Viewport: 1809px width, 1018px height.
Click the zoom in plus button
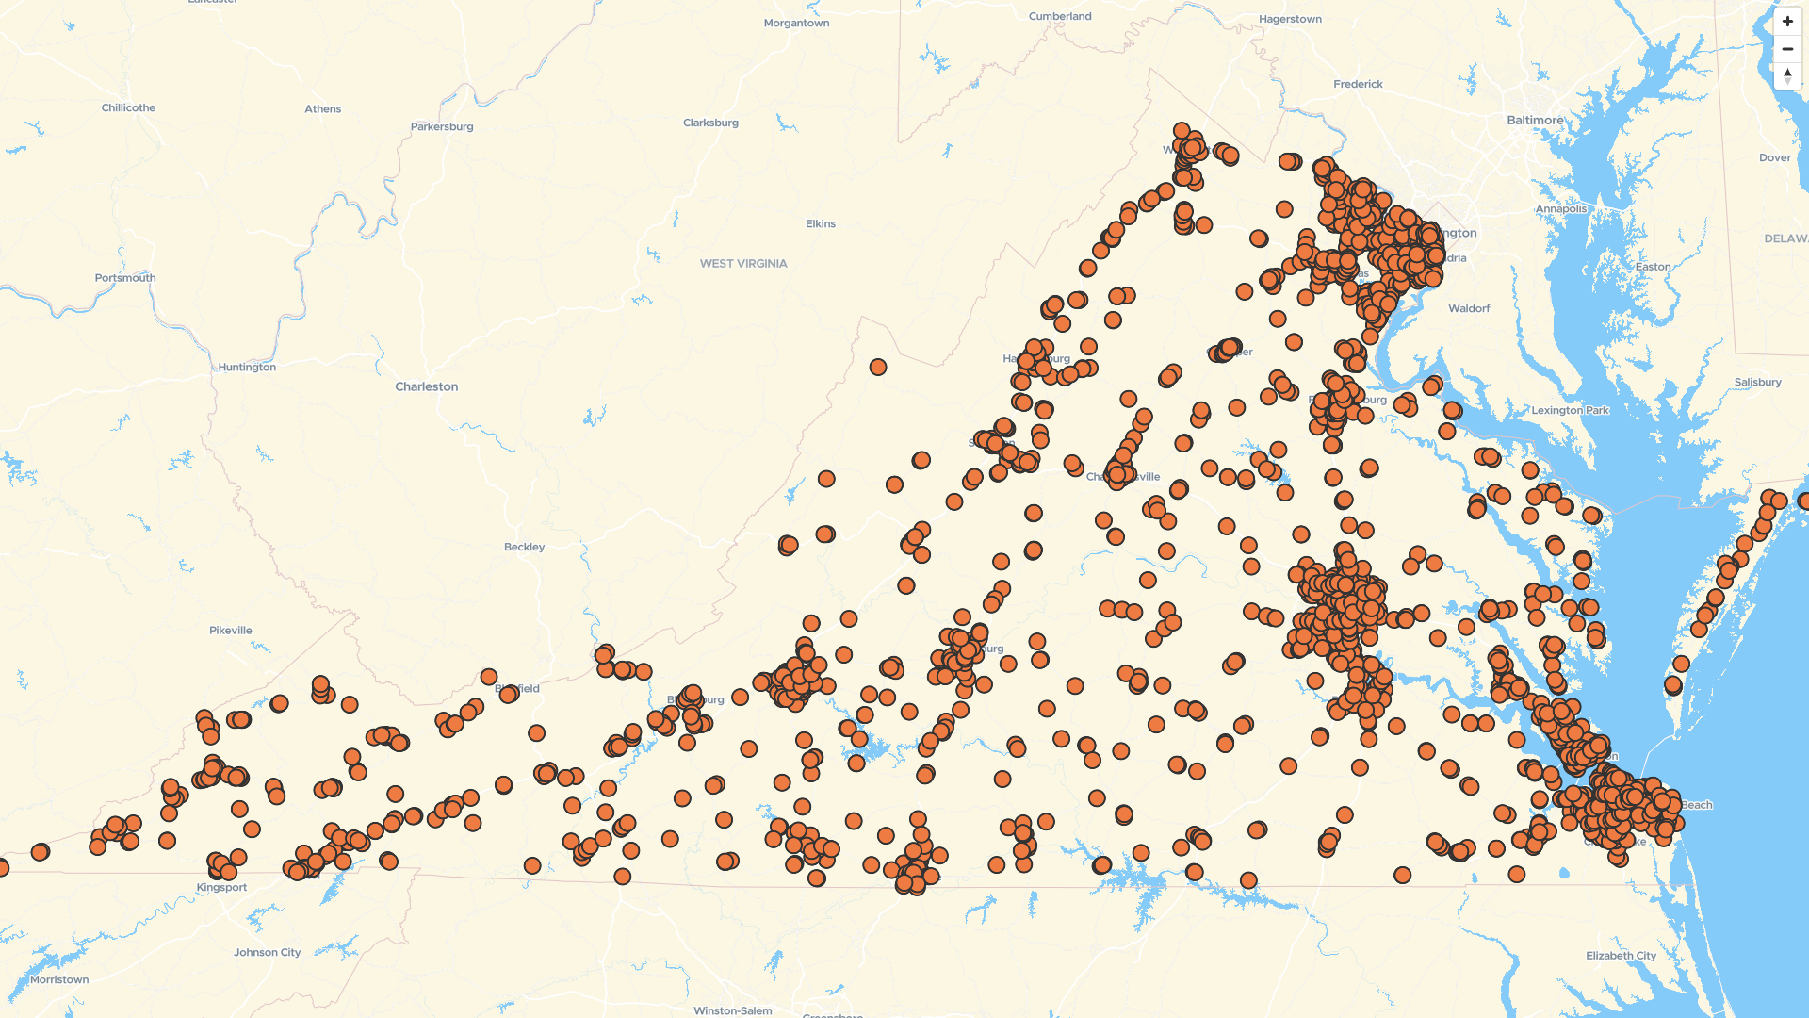pyautogui.click(x=1787, y=22)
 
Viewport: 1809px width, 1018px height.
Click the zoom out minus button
pyautogui.click(x=1787, y=49)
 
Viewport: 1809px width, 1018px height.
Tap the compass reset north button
pyautogui.click(x=1787, y=75)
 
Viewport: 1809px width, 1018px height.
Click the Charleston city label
pyautogui.click(x=427, y=386)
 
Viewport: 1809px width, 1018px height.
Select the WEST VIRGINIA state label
pyautogui.click(x=743, y=264)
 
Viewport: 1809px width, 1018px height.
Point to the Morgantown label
pyautogui.click(x=796, y=23)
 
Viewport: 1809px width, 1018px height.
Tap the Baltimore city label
pyautogui.click(x=1535, y=121)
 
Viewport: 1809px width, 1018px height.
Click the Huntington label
pyautogui.click(x=247, y=368)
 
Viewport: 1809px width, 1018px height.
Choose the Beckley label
pyautogui.click(x=524, y=547)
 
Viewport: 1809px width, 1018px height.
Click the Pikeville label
pyautogui.click(x=231, y=631)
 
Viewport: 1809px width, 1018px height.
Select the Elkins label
pyautogui.click(x=821, y=224)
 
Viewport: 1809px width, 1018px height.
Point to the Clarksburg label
pyautogui.click(x=710, y=123)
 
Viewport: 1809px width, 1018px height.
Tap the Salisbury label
pyautogui.click(x=1757, y=383)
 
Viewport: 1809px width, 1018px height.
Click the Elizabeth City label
pyautogui.click(x=1621, y=956)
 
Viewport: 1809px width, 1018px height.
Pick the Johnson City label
pyautogui.click(x=268, y=953)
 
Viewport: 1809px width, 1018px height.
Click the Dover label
pyautogui.click(x=1775, y=158)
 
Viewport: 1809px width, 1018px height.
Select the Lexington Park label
pyautogui.click(x=1570, y=411)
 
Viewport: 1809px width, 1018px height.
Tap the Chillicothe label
pyautogui.click(x=128, y=108)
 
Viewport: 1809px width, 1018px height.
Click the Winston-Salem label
pyautogui.click(x=733, y=1010)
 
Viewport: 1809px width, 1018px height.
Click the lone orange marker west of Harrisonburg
pyautogui.click(x=878, y=367)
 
